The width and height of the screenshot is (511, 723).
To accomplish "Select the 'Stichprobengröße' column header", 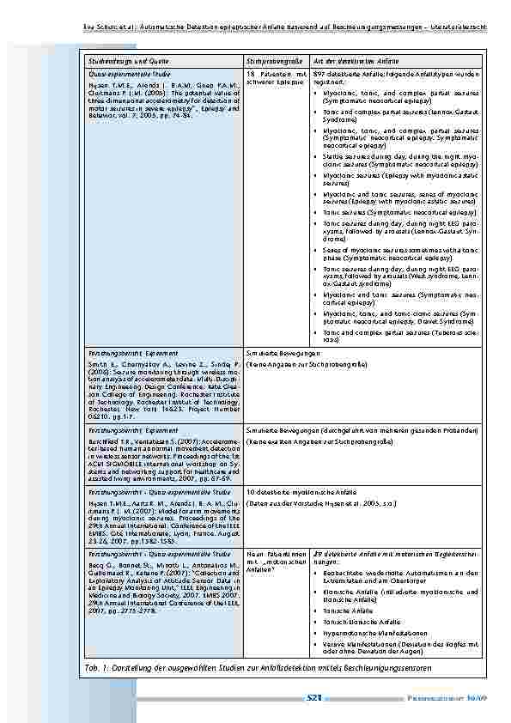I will [276, 62].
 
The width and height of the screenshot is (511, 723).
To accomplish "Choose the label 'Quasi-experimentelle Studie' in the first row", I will [125, 76].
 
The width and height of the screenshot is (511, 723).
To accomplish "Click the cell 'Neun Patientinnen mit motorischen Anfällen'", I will [277, 562].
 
